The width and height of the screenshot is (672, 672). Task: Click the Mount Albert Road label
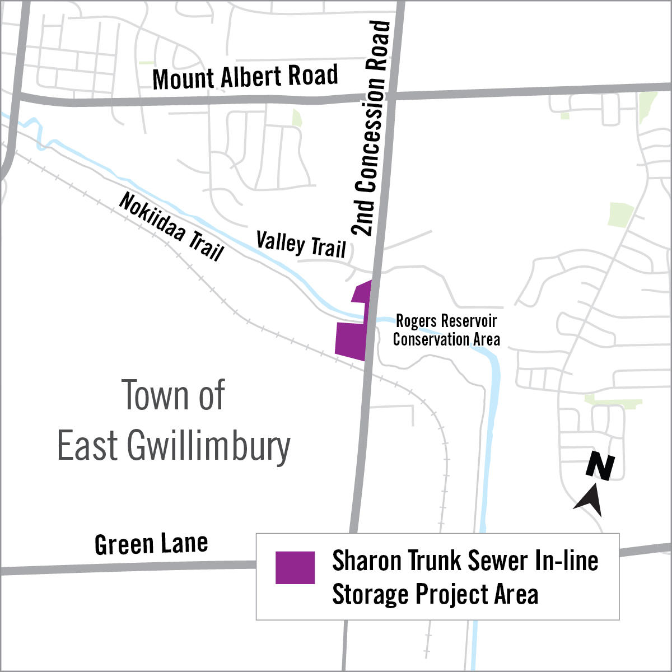click(245, 77)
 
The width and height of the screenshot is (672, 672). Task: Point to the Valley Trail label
click(301, 245)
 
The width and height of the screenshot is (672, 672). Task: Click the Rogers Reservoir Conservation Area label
click(446, 330)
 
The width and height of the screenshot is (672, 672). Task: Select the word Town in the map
click(148, 395)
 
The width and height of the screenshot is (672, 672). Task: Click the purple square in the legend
click(295, 567)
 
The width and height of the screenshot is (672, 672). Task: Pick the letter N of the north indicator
click(600, 467)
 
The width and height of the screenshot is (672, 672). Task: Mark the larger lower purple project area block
click(351, 339)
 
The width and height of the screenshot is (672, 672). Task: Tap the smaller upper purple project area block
click(362, 292)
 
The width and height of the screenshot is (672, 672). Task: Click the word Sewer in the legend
click(498, 561)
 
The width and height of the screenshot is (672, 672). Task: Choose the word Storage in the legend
click(370, 594)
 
